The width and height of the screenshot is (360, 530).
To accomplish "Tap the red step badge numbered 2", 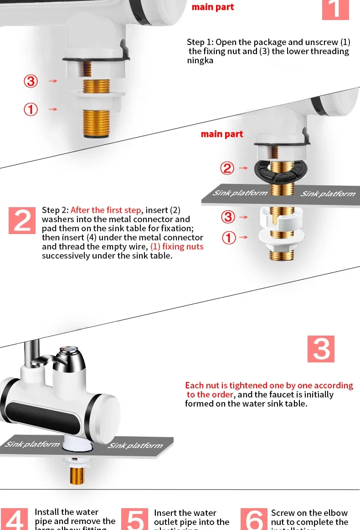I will [x=22, y=221].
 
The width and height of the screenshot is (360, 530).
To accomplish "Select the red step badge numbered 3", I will [x=321, y=349].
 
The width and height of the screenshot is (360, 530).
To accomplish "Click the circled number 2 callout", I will [x=227, y=168].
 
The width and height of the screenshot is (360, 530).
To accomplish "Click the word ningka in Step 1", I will [x=200, y=60].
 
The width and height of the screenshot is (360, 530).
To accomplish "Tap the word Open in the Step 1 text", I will [x=226, y=42].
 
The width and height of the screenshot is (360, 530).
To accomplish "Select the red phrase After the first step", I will [x=106, y=210].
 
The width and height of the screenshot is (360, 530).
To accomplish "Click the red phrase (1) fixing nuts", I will [x=177, y=246].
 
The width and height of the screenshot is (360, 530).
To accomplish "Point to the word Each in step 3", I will [x=194, y=386].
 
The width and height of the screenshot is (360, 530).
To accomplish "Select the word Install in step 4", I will [x=46, y=512].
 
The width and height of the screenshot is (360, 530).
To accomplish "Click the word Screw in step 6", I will [x=283, y=513].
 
